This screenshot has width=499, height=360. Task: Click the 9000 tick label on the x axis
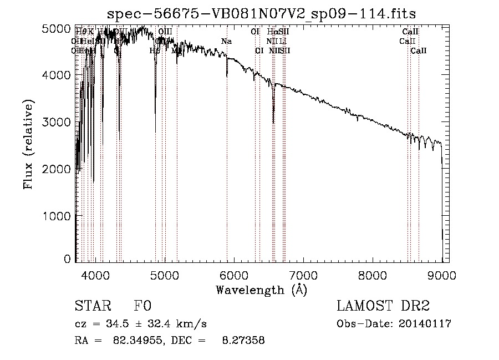tap(441, 275)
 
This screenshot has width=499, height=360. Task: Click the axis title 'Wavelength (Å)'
tap(261, 289)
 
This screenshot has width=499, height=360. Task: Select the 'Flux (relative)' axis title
tap(28, 144)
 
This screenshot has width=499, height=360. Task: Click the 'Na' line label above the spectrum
tap(226, 42)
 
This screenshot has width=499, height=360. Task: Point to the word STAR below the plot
tap(90, 306)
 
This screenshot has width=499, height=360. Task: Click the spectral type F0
tap(142, 306)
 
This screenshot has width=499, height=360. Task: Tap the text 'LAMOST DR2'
tap(383, 306)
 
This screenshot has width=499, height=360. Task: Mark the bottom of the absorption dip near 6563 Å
tap(273, 123)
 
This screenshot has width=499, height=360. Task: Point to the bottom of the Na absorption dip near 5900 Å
tap(227, 77)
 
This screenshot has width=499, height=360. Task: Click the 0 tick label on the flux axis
tap(68, 259)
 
